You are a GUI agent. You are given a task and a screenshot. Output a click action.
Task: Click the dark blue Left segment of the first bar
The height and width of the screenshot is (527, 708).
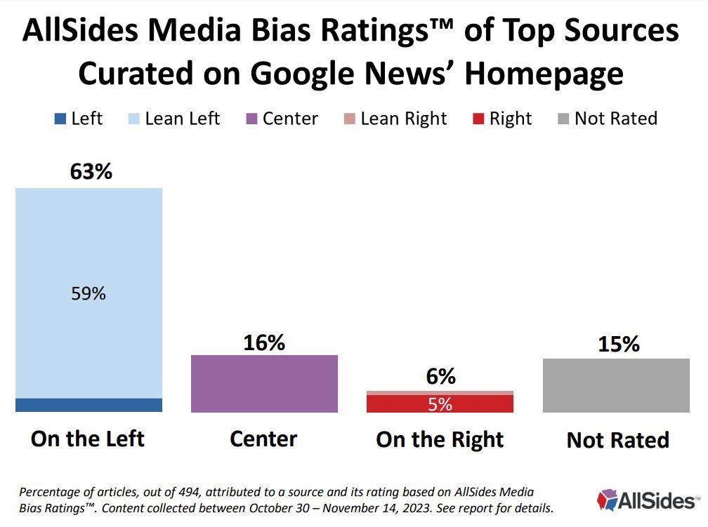[x=88, y=405]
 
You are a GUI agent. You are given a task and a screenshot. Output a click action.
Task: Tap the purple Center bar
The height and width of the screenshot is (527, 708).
[x=264, y=383]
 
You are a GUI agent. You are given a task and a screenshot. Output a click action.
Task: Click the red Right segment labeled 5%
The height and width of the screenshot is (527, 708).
[x=440, y=403]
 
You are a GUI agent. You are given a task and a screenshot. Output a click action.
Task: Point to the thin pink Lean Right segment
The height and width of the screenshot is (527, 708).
[x=440, y=392]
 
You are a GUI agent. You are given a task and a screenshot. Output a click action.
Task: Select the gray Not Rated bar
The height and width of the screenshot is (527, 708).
[x=617, y=385]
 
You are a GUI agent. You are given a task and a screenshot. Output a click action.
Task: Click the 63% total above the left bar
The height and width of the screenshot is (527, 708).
[x=91, y=171]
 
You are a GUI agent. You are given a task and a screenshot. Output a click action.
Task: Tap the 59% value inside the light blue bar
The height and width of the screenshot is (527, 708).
[x=88, y=293]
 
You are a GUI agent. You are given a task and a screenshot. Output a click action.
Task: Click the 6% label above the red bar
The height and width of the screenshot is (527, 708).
[x=440, y=377]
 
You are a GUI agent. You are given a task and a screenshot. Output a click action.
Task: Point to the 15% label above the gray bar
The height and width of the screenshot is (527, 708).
[x=619, y=345]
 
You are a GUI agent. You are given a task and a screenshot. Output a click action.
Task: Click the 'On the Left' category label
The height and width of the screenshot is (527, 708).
[x=88, y=439]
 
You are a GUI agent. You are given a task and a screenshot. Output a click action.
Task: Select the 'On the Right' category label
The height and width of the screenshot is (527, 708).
[x=440, y=439]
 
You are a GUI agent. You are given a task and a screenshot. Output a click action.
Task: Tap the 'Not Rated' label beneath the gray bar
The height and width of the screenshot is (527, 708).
[x=617, y=440]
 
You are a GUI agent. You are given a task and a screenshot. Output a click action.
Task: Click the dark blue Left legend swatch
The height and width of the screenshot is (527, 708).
[x=59, y=119]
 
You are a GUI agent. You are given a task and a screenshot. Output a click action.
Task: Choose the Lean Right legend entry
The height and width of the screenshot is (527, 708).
[x=396, y=119]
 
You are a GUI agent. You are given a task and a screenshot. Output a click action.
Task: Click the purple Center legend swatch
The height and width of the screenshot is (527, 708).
[x=249, y=119]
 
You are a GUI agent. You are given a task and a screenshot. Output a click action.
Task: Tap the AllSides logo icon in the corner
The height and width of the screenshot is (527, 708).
[x=607, y=500]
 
